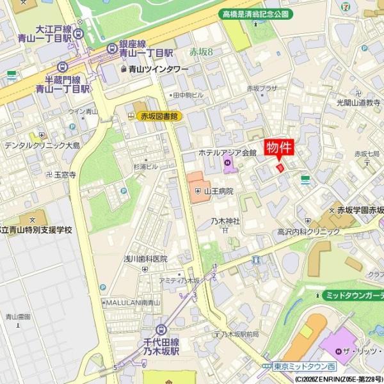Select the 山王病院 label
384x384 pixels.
(x=218, y=191)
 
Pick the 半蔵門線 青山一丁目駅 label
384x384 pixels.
(x=61, y=84)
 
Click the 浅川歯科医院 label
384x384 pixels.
(x=145, y=259)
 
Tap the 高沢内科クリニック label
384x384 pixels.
(x=308, y=232)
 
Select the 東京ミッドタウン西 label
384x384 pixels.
(x=304, y=366)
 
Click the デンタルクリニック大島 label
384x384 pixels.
(x=42, y=145)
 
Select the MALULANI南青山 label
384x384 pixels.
(x=132, y=302)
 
